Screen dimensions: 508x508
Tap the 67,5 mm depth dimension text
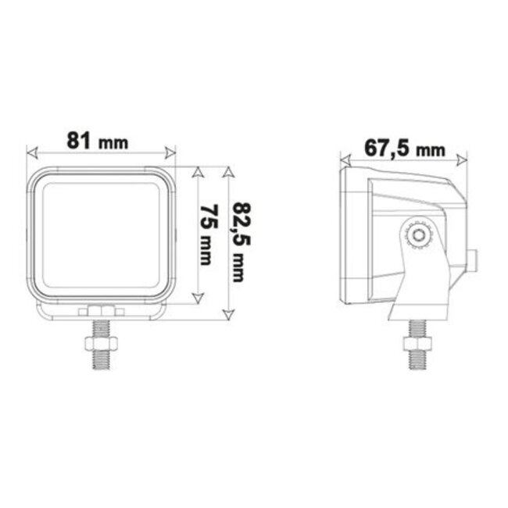point(403,147)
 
